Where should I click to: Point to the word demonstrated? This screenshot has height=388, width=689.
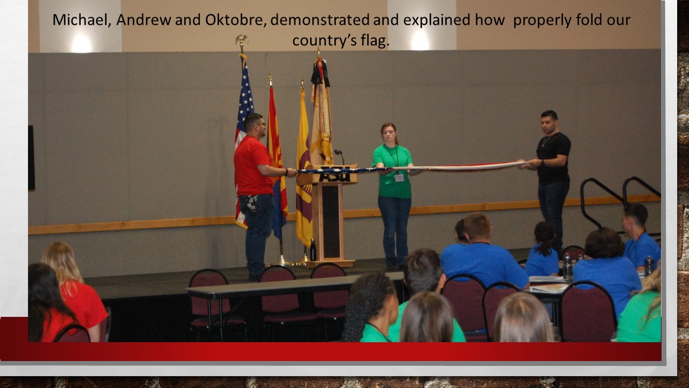[320, 20]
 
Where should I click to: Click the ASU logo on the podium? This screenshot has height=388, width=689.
[335, 174]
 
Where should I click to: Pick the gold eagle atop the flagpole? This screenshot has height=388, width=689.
[242, 40]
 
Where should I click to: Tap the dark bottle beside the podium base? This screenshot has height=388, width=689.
[313, 250]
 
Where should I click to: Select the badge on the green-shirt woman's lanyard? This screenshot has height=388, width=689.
[399, 177]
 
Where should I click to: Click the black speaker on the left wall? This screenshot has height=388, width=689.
[31, 158]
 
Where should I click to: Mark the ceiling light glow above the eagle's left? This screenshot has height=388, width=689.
[81, 43]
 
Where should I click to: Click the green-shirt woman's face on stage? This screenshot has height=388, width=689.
[389, 134]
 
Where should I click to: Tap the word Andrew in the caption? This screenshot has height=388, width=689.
[144, 20]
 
